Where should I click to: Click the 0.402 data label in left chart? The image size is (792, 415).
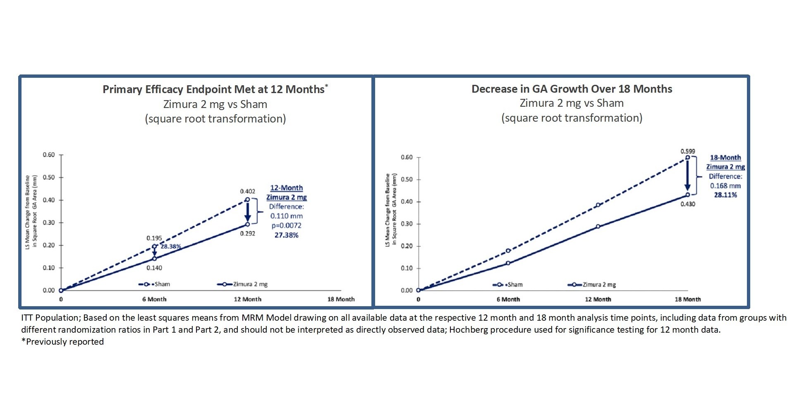(247, 191)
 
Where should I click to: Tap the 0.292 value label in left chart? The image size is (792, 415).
(247, 233)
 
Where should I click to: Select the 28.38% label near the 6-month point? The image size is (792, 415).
(170, 246)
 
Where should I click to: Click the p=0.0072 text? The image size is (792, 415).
(286, 225)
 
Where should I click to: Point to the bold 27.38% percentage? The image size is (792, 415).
(286, 235)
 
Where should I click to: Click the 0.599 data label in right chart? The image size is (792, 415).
(687, 151)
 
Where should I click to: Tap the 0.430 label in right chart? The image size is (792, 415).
(687, 204)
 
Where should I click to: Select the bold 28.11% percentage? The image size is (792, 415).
(725, 195)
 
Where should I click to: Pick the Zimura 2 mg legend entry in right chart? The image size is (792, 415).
(592, 285)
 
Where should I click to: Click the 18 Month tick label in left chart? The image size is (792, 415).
(341, 299)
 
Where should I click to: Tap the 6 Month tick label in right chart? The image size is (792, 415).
(508, 299)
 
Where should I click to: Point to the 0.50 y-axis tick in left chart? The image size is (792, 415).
(49, 178)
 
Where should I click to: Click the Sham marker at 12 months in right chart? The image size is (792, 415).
(598, 205)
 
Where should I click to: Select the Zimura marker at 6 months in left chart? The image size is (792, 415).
(154, 259)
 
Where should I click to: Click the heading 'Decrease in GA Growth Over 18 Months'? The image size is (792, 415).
(572, 89)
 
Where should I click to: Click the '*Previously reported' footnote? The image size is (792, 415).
(62, 342)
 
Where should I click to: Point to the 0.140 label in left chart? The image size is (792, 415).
(154, 268)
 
